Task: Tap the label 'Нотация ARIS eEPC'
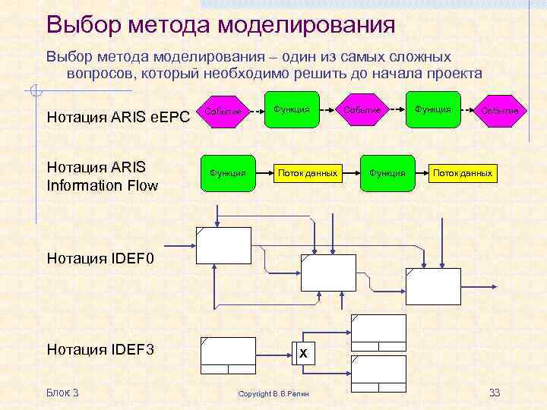[x=118, y=117]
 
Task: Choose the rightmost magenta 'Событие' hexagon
[x=498, y=111]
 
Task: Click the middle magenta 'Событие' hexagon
[x=361, y=110]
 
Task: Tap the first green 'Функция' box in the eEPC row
[x=292, y=110]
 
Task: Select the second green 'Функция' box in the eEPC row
[x=431, y=110]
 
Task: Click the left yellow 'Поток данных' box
[x=307, y=174]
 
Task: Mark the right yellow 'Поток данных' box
[x=463, y=174]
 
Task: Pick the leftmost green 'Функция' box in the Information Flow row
[x=227, y=174]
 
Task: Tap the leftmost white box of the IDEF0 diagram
[x=223, y=244]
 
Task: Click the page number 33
[x=495, y=393]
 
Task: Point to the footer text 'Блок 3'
[x=62, y=393]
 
